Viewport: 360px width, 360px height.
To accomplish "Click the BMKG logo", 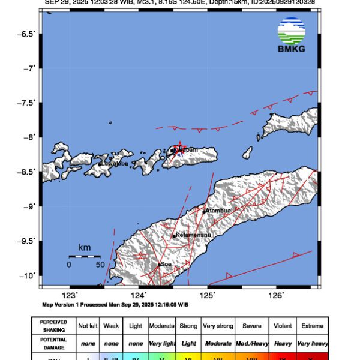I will coord(292,34).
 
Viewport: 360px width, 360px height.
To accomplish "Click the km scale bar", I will coord(84,256).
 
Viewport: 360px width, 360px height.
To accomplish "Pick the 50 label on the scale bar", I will coord(100,265).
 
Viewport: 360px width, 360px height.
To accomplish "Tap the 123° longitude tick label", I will coord(71,295).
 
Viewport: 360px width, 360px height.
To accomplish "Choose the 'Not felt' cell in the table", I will coord(89,326).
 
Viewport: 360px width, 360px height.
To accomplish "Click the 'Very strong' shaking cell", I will coord(218,326).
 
